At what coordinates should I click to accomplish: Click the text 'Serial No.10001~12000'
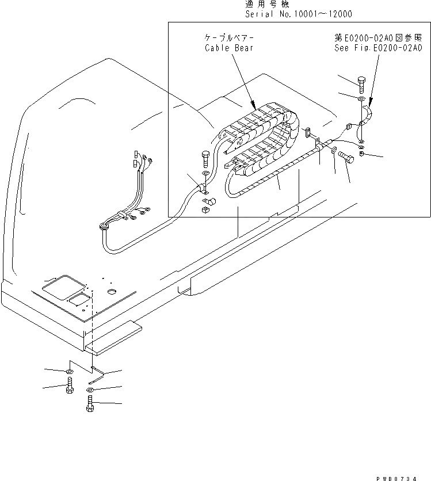(299, 14)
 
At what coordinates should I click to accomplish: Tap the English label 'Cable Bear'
(228, 48)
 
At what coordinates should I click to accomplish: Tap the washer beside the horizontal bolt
(334, 151)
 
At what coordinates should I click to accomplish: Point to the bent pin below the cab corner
(96, 376)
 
